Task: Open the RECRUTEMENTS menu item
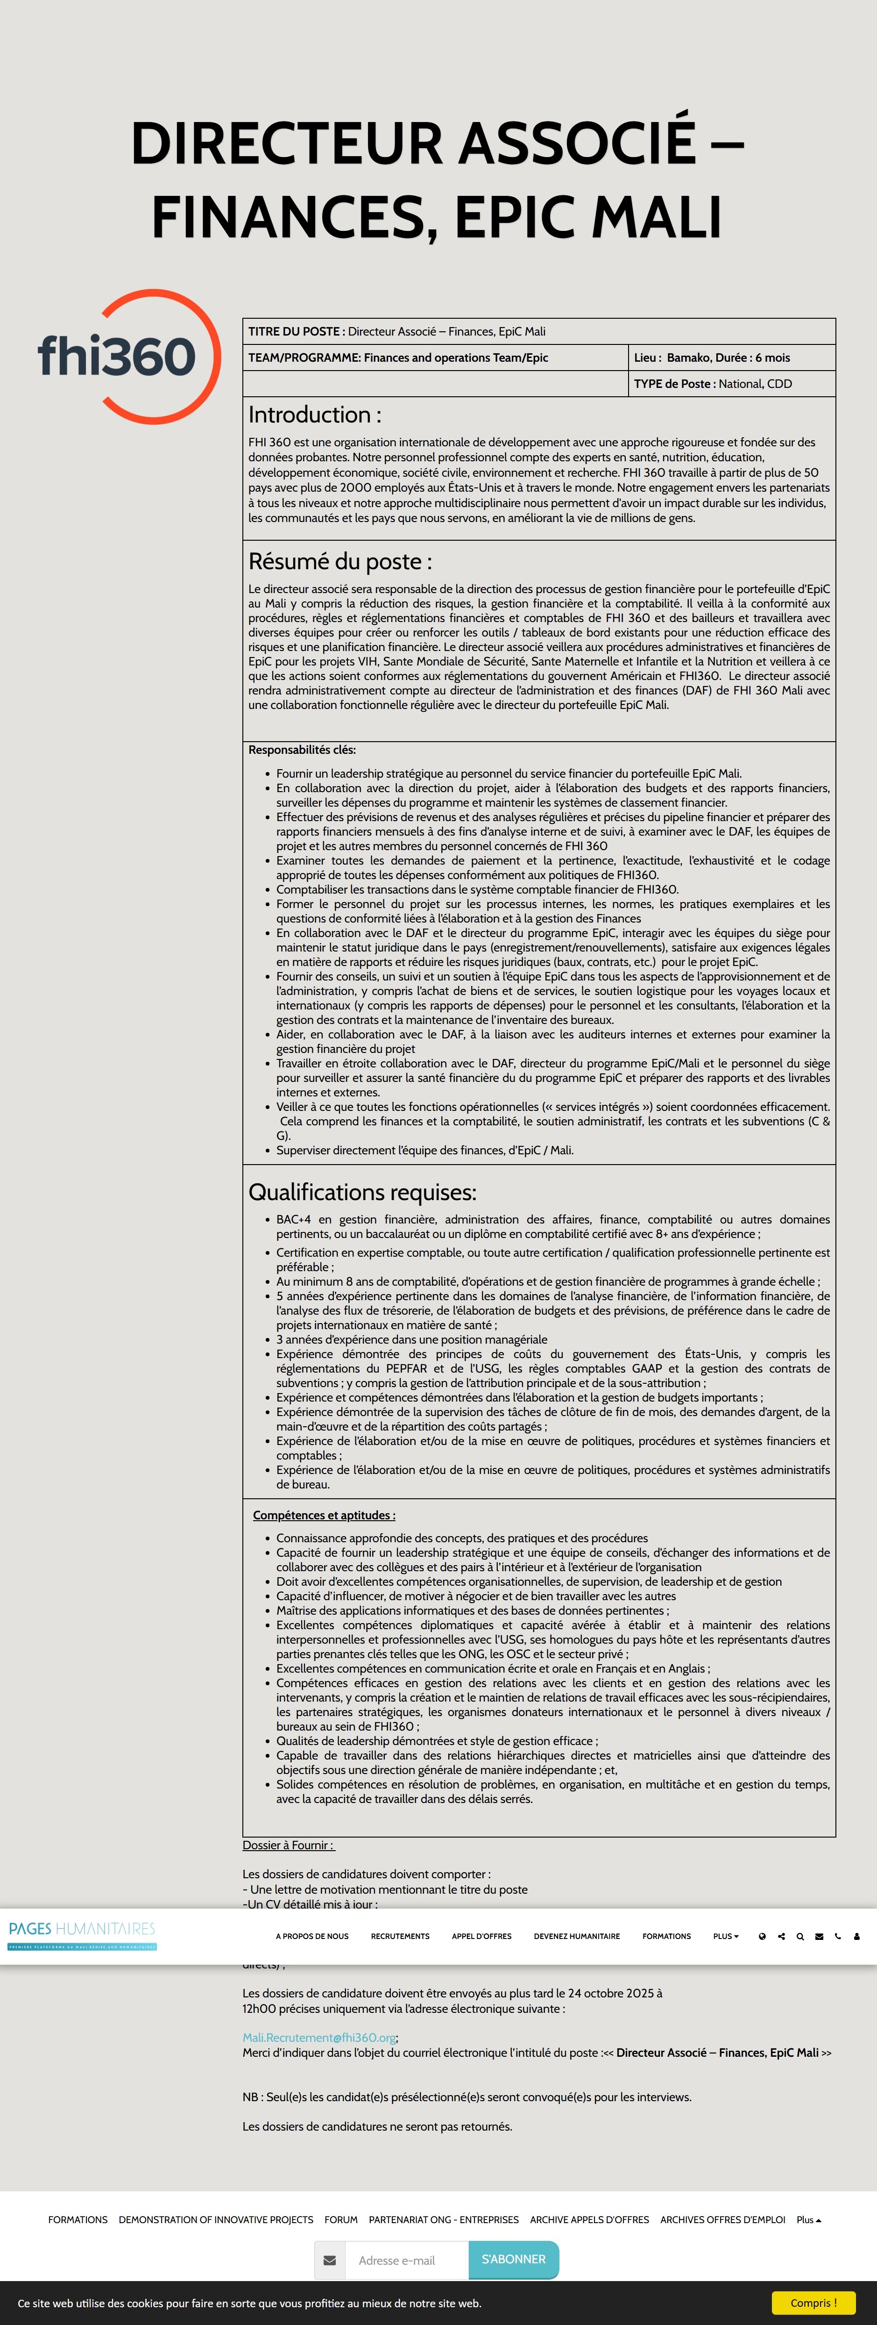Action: pyautogui.click(x=400, y=1936)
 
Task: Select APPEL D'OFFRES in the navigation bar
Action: pyautogui.click(x=481, y=1936)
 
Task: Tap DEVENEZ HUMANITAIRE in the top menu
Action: pyautogui.click(x=577, y=1936)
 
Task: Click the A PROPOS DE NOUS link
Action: pyautogui.click(x=312, y=1936)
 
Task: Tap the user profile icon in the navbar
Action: pyautogui.click(x=856, y=1936)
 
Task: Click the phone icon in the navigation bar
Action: pyautogui.click(x=837, y=1936)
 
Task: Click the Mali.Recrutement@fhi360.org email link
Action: pyautogui.click(x=319, y=2037)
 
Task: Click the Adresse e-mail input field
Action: pyautogui.click(x=406, y=2260)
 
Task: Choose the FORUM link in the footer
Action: pyautogui.click(x=341, y=2219)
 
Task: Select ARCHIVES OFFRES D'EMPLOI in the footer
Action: pyautogui.click(x=722, y=2219)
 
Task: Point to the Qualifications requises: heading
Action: pyautogui.click(x=362, y=1192)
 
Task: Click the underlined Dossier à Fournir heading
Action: pyautogui.click(x=288, y=1845)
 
